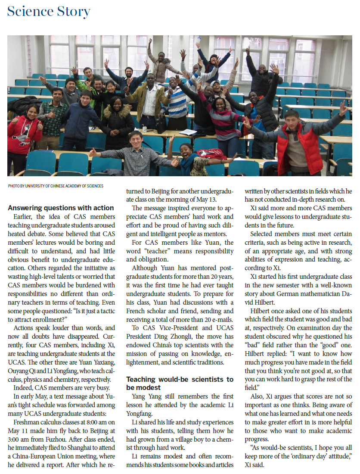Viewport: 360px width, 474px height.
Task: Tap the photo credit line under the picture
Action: click(56, 186)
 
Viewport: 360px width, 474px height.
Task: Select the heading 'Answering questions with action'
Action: click(61, 208)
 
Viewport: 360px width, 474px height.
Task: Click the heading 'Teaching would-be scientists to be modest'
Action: click(180, 383)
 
